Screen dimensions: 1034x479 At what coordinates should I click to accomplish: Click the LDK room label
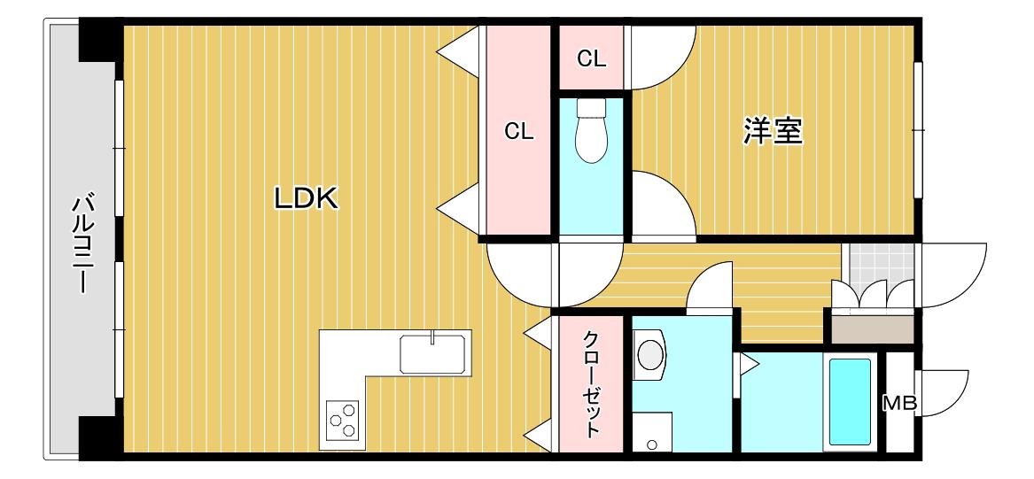point(306,198)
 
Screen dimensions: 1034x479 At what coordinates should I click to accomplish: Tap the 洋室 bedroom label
point(773,130)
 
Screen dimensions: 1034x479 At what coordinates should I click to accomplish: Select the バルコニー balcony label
point(81,243)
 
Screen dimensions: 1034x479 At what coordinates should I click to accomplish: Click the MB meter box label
point(900,403)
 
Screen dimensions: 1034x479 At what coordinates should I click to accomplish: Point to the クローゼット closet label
point(591,385)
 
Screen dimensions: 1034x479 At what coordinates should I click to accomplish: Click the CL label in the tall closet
point(519,132)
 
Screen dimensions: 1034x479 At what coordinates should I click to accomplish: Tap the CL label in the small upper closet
point(592,59)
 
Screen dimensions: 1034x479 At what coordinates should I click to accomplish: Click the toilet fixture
point(591,130)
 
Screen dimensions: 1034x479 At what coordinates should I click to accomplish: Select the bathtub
point(850,401)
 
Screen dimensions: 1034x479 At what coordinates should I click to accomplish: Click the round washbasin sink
point(649,355)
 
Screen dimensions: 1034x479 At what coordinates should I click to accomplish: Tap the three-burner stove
point(343,420)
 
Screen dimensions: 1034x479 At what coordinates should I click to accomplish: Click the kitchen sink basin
point(432,354)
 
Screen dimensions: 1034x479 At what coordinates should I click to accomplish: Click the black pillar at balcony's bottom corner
point(100,437)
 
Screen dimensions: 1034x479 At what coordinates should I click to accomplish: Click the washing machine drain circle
point(651,444)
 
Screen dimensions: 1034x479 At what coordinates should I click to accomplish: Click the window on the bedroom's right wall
point(917,130)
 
